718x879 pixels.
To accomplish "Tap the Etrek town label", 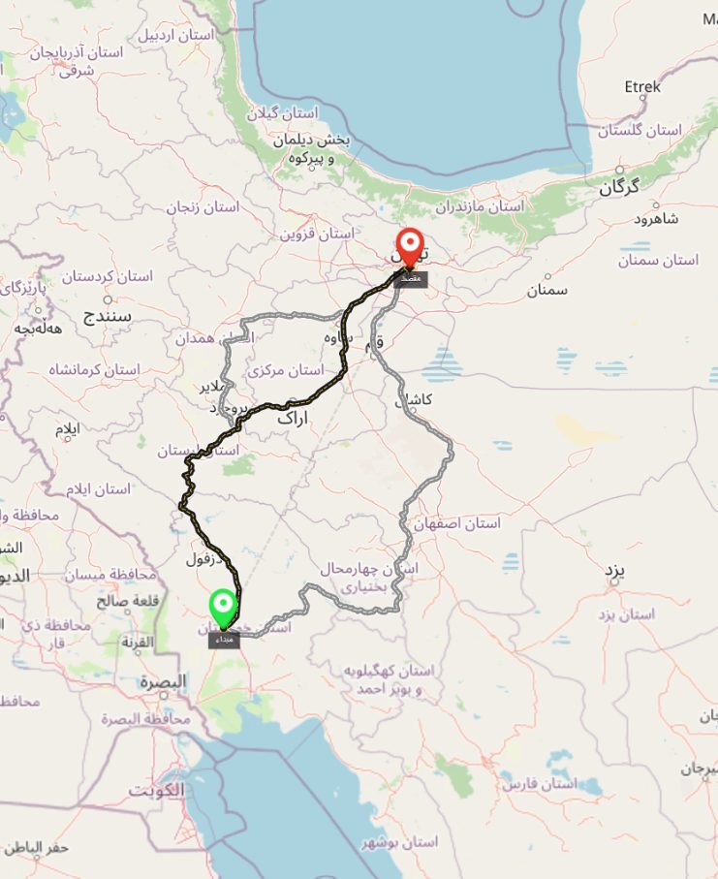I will click(642, 87).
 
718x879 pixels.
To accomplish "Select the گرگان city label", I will click(619, 187).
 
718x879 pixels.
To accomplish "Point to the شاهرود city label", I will click(656, 219).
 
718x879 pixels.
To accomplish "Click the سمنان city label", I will click(547, 289).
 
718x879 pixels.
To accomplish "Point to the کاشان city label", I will click(414, 400).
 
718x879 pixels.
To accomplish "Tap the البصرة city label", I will click(162, 681).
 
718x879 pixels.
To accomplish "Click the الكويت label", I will click(156, 790).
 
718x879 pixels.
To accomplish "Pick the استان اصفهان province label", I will click(457, 523).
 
